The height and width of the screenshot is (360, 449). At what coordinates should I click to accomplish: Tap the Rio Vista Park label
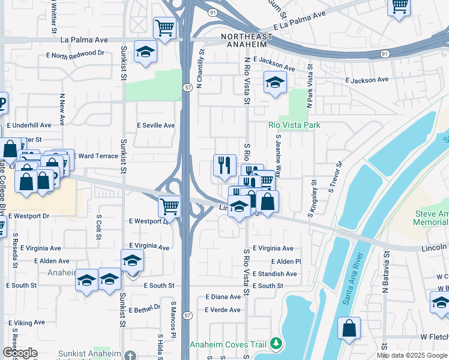(x=294, y=125)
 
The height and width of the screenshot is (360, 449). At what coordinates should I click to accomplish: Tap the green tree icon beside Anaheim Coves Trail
(x=276, y=344)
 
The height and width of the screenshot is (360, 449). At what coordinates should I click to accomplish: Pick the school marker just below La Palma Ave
(x=145, y=53)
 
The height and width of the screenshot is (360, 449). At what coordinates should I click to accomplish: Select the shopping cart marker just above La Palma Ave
(x=164, y=28)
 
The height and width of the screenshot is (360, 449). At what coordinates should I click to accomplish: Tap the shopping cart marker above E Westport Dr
(x=170, y=207)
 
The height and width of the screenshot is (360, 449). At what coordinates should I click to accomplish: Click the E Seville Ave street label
(x=155, y=125)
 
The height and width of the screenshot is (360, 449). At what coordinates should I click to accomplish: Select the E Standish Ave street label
(x=275, y=274)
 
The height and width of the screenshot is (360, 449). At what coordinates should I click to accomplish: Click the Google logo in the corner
(x=20, y=352)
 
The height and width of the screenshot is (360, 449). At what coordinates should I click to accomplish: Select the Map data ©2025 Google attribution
(x=412, y=355)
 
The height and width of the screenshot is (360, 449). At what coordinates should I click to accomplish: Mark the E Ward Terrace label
(x=96, y=156)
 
